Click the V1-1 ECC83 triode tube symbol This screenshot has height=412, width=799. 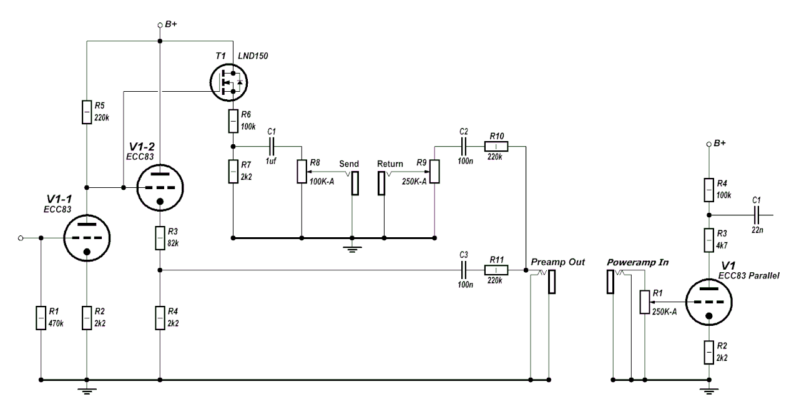coord(87,238)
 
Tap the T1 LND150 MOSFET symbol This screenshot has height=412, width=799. coord(228,81)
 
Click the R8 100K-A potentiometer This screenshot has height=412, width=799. coord(301,171)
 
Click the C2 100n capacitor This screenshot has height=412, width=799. coord(463,146)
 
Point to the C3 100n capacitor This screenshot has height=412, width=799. coord(463,270)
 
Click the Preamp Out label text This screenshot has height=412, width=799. coord(557,262)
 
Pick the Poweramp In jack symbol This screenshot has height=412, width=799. coord(611,282)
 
